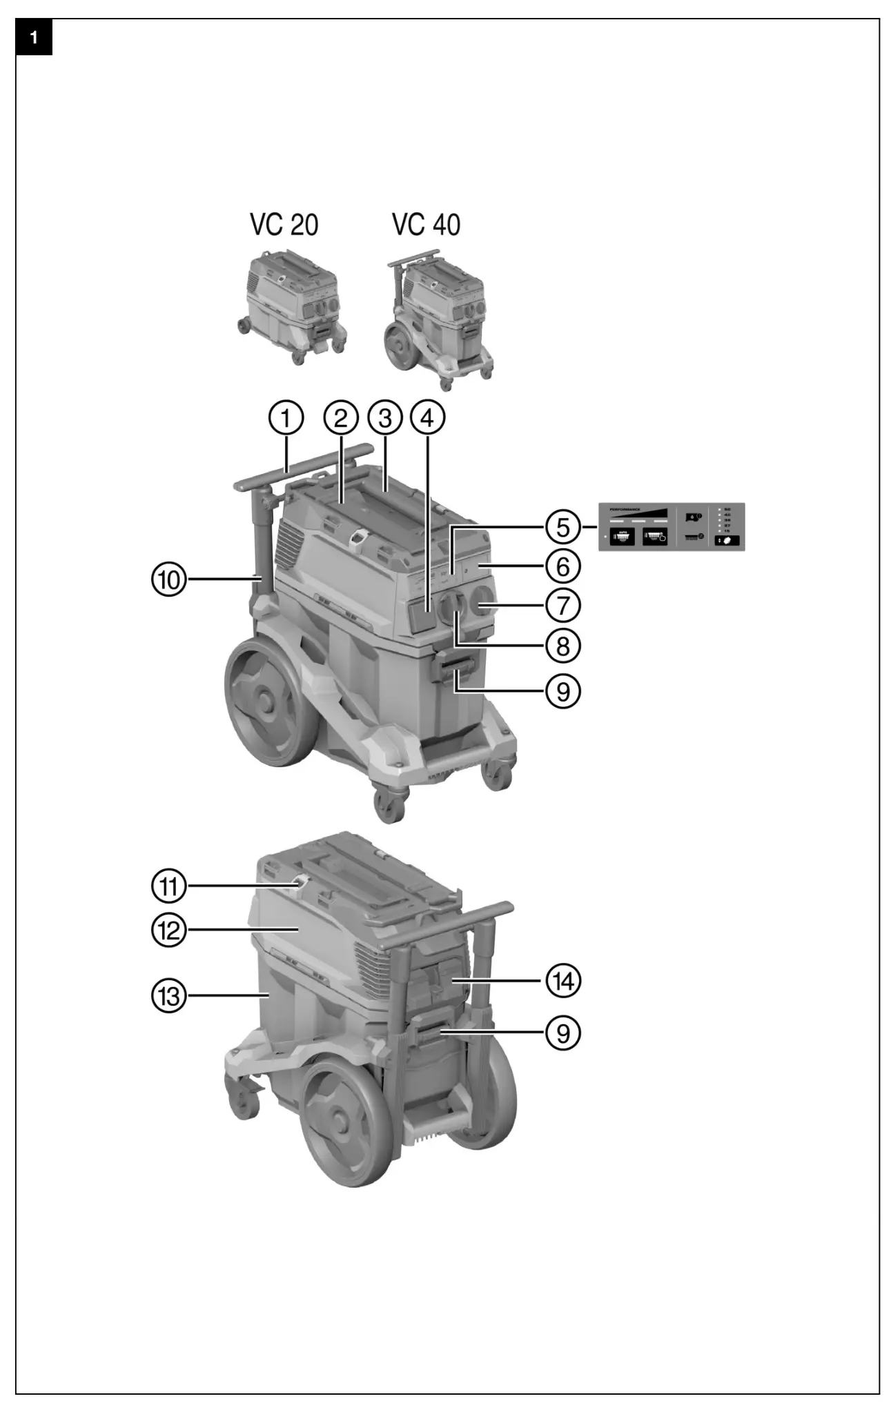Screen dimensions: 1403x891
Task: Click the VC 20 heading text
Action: click(284, 225)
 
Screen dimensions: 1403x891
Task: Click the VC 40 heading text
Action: click(426, 225)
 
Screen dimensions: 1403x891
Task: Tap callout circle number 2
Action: click(341, 418)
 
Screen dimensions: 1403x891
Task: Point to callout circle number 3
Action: click(385, 418)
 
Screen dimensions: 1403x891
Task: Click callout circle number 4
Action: click(428, 418)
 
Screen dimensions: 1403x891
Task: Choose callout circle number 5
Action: click(563, 527)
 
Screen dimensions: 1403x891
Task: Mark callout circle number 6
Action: click(563, 566)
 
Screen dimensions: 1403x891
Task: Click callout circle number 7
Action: click(563, 606)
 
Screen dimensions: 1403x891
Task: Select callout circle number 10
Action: click(170, 579)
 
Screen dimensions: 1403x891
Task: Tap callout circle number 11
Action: click(170, 886)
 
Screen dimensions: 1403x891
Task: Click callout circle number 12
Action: click(170, 931)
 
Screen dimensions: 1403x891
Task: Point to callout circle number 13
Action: click(170, 995)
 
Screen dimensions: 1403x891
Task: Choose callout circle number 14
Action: click(563, 980)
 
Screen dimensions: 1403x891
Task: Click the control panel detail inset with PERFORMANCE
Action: click(671, 526)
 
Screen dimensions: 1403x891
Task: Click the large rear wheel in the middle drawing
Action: click(268, 703)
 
